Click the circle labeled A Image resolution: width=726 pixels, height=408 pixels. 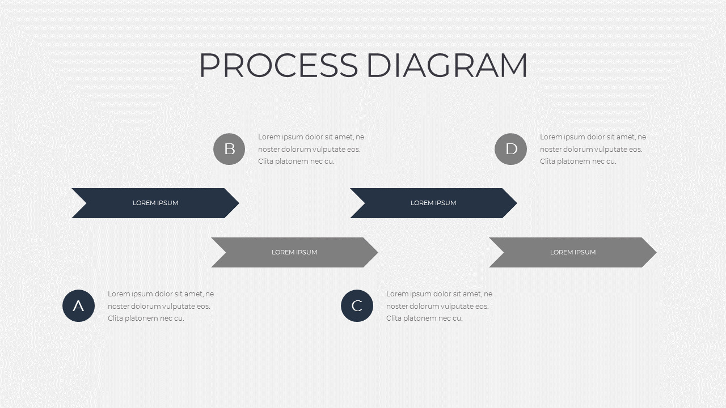coord(78,305)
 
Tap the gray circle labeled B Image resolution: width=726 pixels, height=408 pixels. coord(229,149)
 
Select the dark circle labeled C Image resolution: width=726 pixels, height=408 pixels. coord(357,305)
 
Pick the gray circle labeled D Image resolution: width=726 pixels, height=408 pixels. coord(511,149)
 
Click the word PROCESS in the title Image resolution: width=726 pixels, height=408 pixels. coord(278,65)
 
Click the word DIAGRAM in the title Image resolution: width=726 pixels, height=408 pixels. coord(447,65)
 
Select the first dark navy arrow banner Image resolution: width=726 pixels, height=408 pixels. coord(155,203)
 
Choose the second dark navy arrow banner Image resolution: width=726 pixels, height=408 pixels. coord(433,203)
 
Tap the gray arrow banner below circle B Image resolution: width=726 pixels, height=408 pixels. coord(294,252)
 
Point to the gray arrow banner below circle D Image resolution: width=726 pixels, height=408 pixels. coord(573,252)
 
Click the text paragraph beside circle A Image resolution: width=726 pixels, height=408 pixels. coord(161,306)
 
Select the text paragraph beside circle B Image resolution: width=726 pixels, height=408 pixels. coord(311,149)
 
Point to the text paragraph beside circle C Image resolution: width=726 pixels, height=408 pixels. coord(439,306)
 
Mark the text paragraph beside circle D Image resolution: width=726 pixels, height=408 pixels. coord(593,149)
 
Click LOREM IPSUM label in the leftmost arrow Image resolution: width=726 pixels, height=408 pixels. coord(155,203)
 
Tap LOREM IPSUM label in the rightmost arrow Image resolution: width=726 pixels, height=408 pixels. coord(573,252)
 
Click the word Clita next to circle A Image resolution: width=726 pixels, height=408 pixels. coord(115,318)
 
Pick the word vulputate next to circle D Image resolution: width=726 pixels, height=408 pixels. coord(611,150)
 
